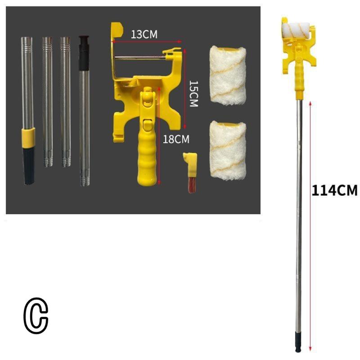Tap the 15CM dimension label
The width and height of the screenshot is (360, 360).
(x=193, y=94)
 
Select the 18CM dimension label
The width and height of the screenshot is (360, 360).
(x=175, y=139)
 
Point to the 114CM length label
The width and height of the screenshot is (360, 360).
(x=334, y=190)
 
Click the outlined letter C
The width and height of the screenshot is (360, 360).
(x=36, y=317)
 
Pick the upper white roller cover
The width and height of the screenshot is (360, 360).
(x=227, y=75)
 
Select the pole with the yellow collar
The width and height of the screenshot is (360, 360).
(x=27, y=108)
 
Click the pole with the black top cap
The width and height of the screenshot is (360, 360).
(x=84, y=112)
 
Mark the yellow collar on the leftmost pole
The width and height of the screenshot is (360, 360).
(x=28, y=134)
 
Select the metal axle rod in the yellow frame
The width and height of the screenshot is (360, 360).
(x=139, y=57)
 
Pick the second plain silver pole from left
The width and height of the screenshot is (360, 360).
(x=48, y=101)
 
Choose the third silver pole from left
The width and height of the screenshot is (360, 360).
(x=66, y=101)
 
